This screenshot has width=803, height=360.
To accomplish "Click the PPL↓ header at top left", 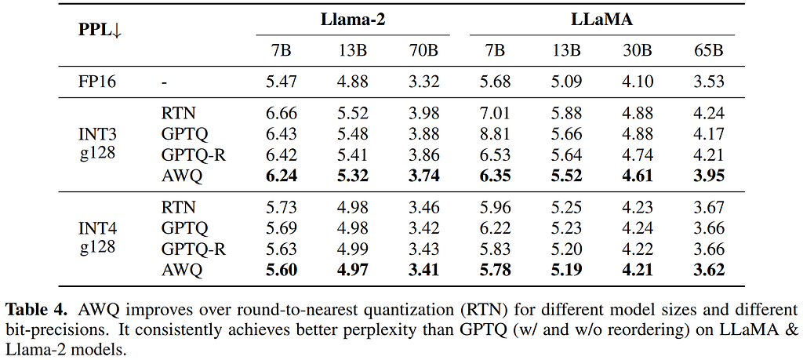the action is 100,31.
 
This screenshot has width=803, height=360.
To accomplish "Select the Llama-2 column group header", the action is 353,20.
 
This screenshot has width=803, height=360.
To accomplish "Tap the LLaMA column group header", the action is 602,20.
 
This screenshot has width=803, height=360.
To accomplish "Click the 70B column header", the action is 423,51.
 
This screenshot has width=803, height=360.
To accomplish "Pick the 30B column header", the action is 638,51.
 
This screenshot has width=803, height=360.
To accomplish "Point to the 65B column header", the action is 709,51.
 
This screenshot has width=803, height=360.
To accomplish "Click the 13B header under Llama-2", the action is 353,51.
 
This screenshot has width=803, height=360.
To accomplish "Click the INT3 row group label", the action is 97,135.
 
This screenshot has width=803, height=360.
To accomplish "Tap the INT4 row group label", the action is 97,228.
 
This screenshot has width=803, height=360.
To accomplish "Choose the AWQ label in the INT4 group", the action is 182,269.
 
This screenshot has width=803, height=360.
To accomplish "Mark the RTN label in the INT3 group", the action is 178,114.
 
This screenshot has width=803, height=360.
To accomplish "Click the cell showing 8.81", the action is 495,134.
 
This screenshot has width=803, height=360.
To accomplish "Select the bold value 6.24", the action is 282,176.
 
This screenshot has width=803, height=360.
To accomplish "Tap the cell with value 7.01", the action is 495,114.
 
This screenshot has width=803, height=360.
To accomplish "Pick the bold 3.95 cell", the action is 709,176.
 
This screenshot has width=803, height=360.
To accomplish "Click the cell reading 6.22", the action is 495,228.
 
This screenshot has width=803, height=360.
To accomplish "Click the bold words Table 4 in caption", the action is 35,311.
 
